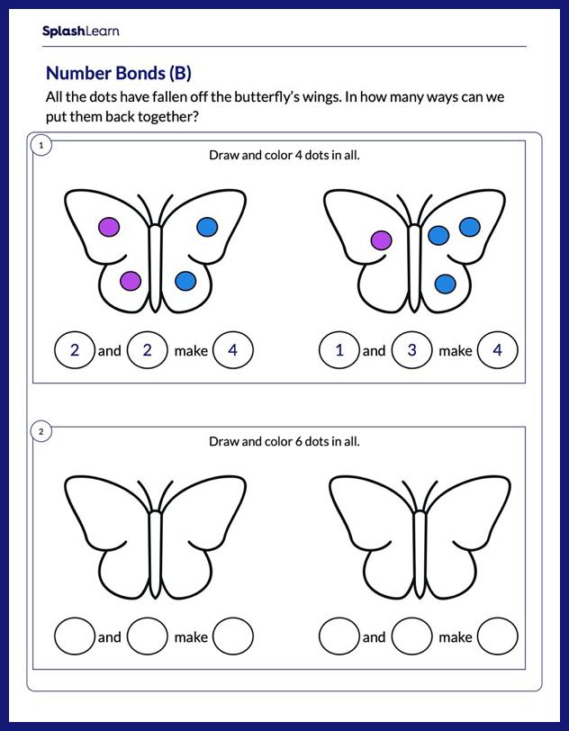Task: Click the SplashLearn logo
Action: pyautogui.click(x=81, y=32)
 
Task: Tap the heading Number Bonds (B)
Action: pyautogui.click(x=119, y=73)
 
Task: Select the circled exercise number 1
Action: pyautogui.click(x=41, y=146)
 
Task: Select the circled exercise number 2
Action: pyautogui.click(x=41, y=432)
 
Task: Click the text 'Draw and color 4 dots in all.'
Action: pyautogui.click(x=284, y=155)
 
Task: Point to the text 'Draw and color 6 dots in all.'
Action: pyautogui.click(x=284, y=441)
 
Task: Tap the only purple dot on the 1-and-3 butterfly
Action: pyautogui.click(x=381, y=240)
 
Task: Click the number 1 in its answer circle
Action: pyautogui.click(x=339, y=349)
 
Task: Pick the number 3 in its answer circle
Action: pyautogui.click(x=411, y=349)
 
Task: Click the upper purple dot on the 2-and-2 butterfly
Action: pyautogui.click(x=109, y=227)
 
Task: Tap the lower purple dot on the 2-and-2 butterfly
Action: pyautogui.click(x=131, y=281)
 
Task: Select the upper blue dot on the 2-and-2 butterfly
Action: pyautogui.click(x=207, y=227)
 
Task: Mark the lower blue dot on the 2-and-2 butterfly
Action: pyautogui.click(x=185, y=281)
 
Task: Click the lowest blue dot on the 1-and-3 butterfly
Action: pyautogui.click(x=446, y=284)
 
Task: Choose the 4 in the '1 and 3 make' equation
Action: pyautogui.click(x=498, y=349)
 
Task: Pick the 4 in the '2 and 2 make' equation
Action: pyautogui.click(x=232, y=349)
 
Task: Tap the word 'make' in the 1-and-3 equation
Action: pyautogui.click(x=455, y=350)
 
